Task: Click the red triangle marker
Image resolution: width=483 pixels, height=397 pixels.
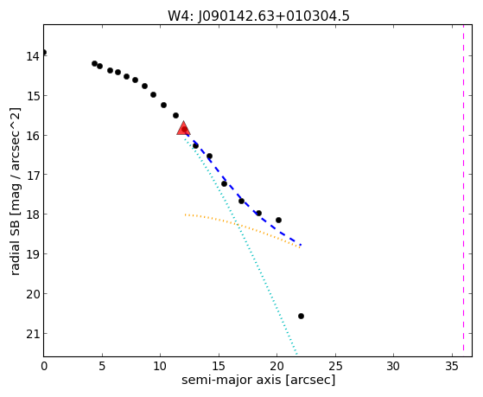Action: [x=183, y=128]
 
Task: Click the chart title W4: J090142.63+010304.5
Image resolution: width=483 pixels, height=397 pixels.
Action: [x=258, y=16]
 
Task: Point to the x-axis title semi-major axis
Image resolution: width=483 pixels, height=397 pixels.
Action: [x=231, y=380]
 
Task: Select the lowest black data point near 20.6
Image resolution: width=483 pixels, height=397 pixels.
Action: [x=301, y=316]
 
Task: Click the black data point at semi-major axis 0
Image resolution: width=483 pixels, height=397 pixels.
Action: [x=44, y=52]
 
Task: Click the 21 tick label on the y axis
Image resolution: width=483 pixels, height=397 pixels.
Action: [x=32, y=334]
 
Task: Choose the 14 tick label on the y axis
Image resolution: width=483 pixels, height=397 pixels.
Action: [x=32, y=56]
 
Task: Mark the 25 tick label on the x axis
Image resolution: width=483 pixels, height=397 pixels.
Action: [x=335, y=367]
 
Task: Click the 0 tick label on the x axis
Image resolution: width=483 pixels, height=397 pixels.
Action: [x=44, y=367]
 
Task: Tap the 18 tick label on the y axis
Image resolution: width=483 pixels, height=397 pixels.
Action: [x=32, y=215]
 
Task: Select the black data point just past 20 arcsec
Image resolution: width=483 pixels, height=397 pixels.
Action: [x=278, y=220]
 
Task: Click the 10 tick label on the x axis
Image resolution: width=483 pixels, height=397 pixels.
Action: [x=160, y=367]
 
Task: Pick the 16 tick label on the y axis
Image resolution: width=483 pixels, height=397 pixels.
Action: [x=32, y=136]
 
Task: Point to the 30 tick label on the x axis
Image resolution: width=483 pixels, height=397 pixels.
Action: [x=394, y=367]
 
